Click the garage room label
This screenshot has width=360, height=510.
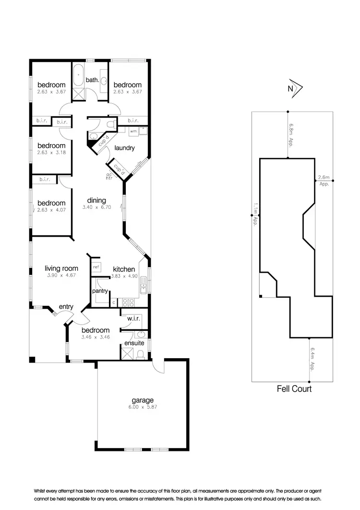point(144,400)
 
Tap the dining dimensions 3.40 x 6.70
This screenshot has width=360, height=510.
point(96,207)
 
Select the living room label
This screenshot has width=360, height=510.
point(61,268)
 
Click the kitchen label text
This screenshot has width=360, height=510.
point(124,269)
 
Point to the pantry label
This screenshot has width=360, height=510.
point(100,291)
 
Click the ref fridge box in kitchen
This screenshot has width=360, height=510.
point(96,267)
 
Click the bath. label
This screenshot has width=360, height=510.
point(93,80)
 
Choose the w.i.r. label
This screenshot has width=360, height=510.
point(133,318)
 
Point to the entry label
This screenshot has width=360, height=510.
point(66,307)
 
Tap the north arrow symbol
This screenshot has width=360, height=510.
point(294,88)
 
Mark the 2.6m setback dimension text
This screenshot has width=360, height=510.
point(324,181)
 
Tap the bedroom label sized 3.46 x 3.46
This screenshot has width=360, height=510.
point(95,330)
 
